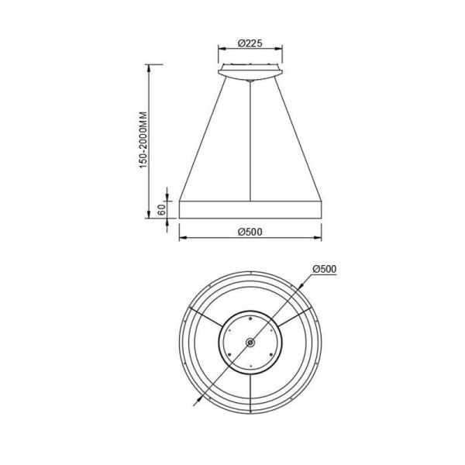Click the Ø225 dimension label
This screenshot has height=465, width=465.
(249, 43)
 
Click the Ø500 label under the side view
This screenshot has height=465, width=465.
(249, 232)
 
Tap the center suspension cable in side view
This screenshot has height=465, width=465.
(249, 139)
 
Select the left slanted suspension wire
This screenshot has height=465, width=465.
(204, 139)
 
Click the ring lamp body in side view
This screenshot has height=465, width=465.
(249, 209)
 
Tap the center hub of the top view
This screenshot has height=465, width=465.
(249, 343)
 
